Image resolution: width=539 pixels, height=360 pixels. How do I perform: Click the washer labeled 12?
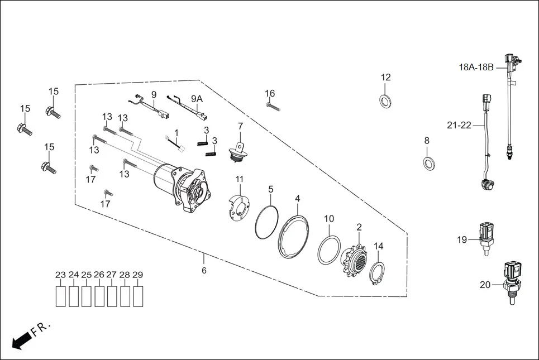pyautogui.click(x=385, y=100)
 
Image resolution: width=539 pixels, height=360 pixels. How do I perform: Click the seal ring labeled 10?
pyautogui.click(x=329, y=249)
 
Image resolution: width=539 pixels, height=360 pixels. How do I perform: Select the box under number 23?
pyautogui.click(x=60, y=296)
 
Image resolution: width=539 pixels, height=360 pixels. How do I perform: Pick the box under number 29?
pyautogui.click(x=137, y=296)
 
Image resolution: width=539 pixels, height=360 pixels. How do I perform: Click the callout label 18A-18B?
pyautogui.click(x=476, y=68)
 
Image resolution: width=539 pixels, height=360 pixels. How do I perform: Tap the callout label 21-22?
pyautogui.click(x=459, y=126)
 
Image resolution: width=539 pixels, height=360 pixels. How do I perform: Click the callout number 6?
pyautogui.click(x=204, y=270)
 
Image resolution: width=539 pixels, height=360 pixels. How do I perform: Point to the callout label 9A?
pyautogui.click(x=197, y=98)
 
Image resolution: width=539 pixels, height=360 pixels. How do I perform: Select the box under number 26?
pyautogui.click(x=99, y=296)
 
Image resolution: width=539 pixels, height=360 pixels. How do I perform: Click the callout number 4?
pyautogui.click(x=297, y=198)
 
